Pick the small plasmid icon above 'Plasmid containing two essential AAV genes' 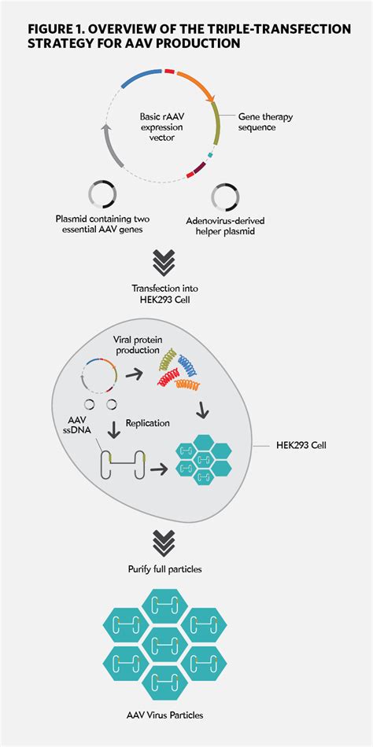102,194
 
